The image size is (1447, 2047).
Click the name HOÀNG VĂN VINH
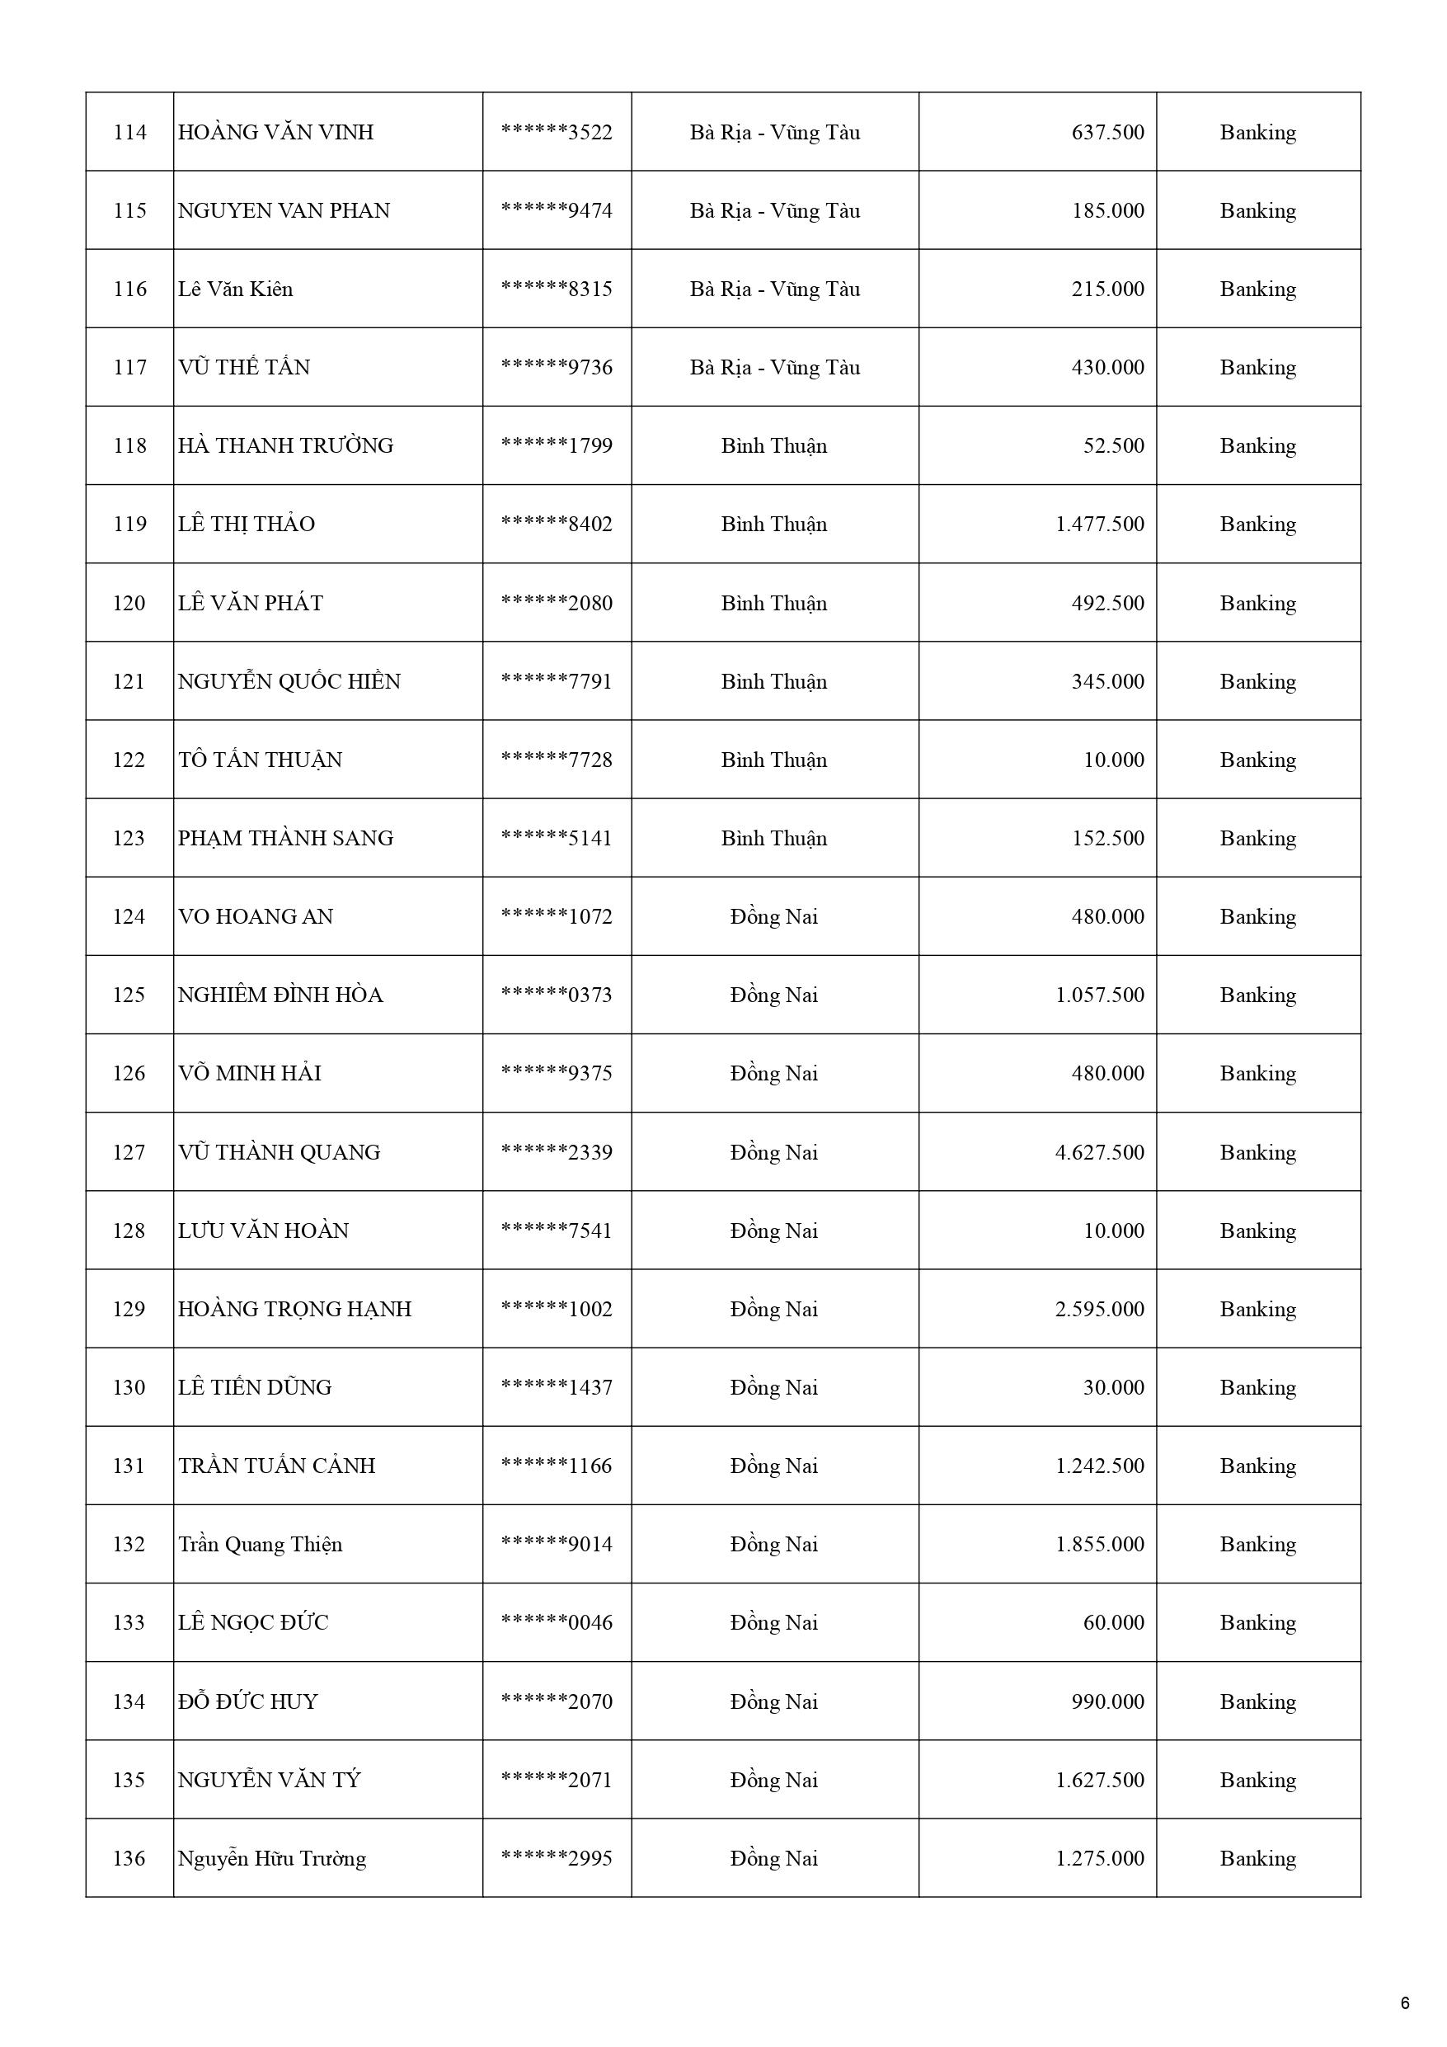click(275, 133)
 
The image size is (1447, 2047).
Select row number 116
click(129, 289)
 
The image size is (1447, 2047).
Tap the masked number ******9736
click(557, 367)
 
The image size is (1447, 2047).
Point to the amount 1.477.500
click(1099, 525)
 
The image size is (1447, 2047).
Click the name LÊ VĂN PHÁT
click(251, 604)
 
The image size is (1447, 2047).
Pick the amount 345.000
click(1107, 682)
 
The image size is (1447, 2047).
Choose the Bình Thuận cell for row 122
click(774, 760)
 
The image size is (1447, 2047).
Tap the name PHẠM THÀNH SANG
click(285, 838)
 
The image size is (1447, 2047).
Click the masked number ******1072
click(557, 916)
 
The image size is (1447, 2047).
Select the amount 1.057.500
click(1099, 995)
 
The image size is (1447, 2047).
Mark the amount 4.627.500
click(1099, 1153)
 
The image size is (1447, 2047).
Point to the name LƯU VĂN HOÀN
click(263, 1231)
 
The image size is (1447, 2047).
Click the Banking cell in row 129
click(1257, 1310)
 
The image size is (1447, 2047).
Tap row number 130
click(129, 1388)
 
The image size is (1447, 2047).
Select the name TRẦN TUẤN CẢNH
click(276, 1466)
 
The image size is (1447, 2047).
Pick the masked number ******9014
click(557, 1545)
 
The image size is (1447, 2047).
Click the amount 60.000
click(1113, 1624)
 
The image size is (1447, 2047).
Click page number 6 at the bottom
click(1405, 2003)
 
